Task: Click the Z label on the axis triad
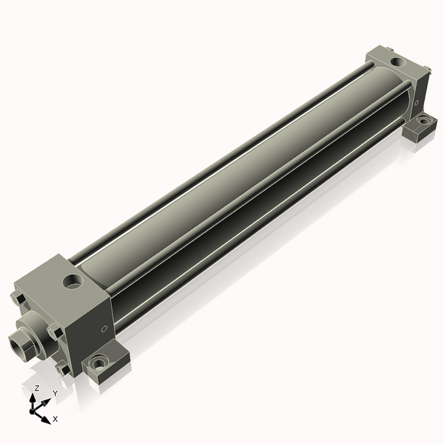[37, 388]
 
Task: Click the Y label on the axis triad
[55, 393]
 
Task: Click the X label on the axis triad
[55, 419]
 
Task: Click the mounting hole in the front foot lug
[96, 363]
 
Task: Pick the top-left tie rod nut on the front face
[18, 298]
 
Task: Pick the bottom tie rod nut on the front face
[61, 368]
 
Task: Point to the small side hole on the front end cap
[104, 328]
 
